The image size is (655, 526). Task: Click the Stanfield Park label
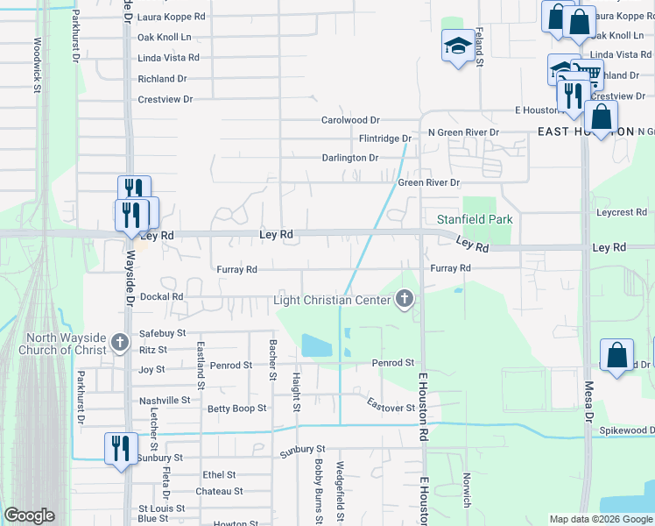pos(474,218)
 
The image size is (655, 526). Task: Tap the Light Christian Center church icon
pos(405,300)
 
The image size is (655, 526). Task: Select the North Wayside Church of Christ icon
pos(122,345)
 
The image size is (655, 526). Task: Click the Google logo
pos(29,515)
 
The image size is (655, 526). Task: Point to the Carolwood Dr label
pos(350,120)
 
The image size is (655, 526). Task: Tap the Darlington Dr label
pos(349,158)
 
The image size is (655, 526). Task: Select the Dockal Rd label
pos(161,297)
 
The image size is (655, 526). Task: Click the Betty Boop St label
pos(236,409)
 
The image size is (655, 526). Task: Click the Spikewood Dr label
pos(626,430)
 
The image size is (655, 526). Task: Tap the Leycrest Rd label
pos(621,212)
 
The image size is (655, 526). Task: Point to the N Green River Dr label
pos(462,132)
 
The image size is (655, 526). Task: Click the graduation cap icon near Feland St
pos(457,46)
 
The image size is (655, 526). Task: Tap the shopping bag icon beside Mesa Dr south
pos(617,356)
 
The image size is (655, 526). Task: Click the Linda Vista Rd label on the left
pos(169,58)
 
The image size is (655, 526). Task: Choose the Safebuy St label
pos(163,333)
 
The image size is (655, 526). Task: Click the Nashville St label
pos(165,400)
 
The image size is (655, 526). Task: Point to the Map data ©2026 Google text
pos(600,519)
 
